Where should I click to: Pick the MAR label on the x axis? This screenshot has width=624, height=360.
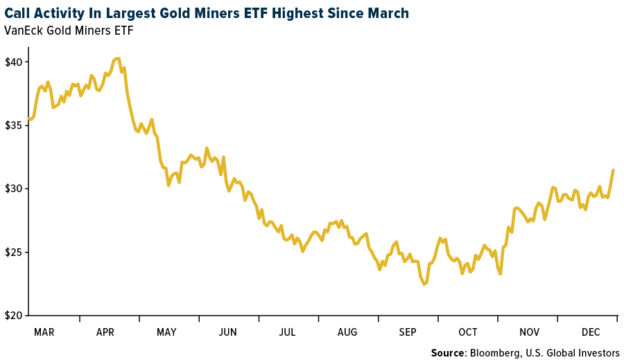44,332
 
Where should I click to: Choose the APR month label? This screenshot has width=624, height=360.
105,332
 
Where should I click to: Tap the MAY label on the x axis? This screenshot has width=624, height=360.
166,332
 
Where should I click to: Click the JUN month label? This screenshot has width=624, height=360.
227,332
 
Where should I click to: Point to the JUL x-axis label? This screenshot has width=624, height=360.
287,332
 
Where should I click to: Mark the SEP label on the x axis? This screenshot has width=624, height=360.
408,332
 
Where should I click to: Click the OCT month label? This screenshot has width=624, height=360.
468,332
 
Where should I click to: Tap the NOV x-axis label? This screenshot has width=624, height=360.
529,332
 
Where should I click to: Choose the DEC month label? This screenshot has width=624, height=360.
590,332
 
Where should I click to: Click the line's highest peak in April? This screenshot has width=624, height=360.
117,58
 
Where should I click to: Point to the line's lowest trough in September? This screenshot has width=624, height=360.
424,284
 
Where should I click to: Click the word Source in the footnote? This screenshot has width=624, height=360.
448,353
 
